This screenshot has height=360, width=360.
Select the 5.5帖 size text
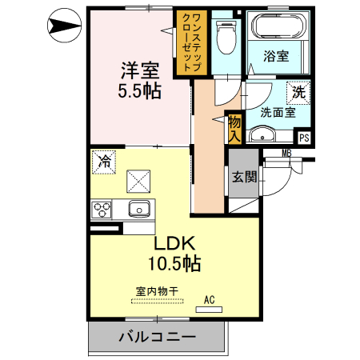pyautogui.click(x=140, y=90)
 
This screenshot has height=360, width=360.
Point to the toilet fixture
pyautogui.click(x=226, y=36)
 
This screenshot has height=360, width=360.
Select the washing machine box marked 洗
pyautogui.click(x=297, y=92)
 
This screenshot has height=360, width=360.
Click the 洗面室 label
pyautogui.click(x=277, y=113)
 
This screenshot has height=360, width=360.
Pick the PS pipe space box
pyautogui.click(x=303, y=138)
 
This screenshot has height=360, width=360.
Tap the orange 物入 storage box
pyautogui.click(x=234, y=128)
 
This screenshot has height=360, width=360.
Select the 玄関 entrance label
pyautogui.click(x=244, y=178)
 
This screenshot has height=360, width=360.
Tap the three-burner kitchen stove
pyautogui.click(x=102, y=210)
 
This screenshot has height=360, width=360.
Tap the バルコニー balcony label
pyautogui.click(x=158, y=337)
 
